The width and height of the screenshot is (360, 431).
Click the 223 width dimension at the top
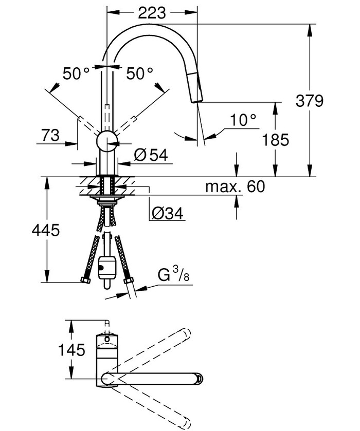point(152,12)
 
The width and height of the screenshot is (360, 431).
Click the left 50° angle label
point(76,74)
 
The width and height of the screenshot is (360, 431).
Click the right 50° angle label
point(140,74)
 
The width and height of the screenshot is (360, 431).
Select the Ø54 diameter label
point(151,156)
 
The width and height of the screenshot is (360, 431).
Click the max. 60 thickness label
point(235,186)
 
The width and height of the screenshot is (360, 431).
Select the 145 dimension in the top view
point(70,350)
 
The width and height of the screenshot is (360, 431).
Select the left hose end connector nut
point(85,280)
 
